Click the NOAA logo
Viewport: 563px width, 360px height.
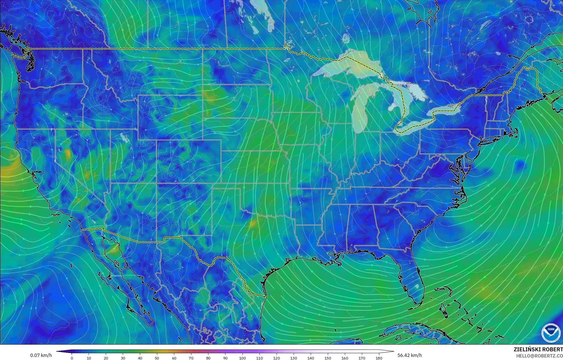pos(551,333)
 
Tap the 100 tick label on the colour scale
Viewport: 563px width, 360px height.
pos(242,358)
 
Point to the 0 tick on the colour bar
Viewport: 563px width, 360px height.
pos(72,358)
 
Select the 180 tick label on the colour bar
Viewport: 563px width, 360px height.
pos(379,358)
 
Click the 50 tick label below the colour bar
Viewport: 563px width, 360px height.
pos(157,358)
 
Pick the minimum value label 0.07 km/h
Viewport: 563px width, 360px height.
pos(41,355)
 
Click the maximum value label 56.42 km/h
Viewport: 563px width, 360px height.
pos(409,355)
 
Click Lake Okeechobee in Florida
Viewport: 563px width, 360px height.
pos(417,286)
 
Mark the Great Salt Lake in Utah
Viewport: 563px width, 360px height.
pos(123,137)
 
